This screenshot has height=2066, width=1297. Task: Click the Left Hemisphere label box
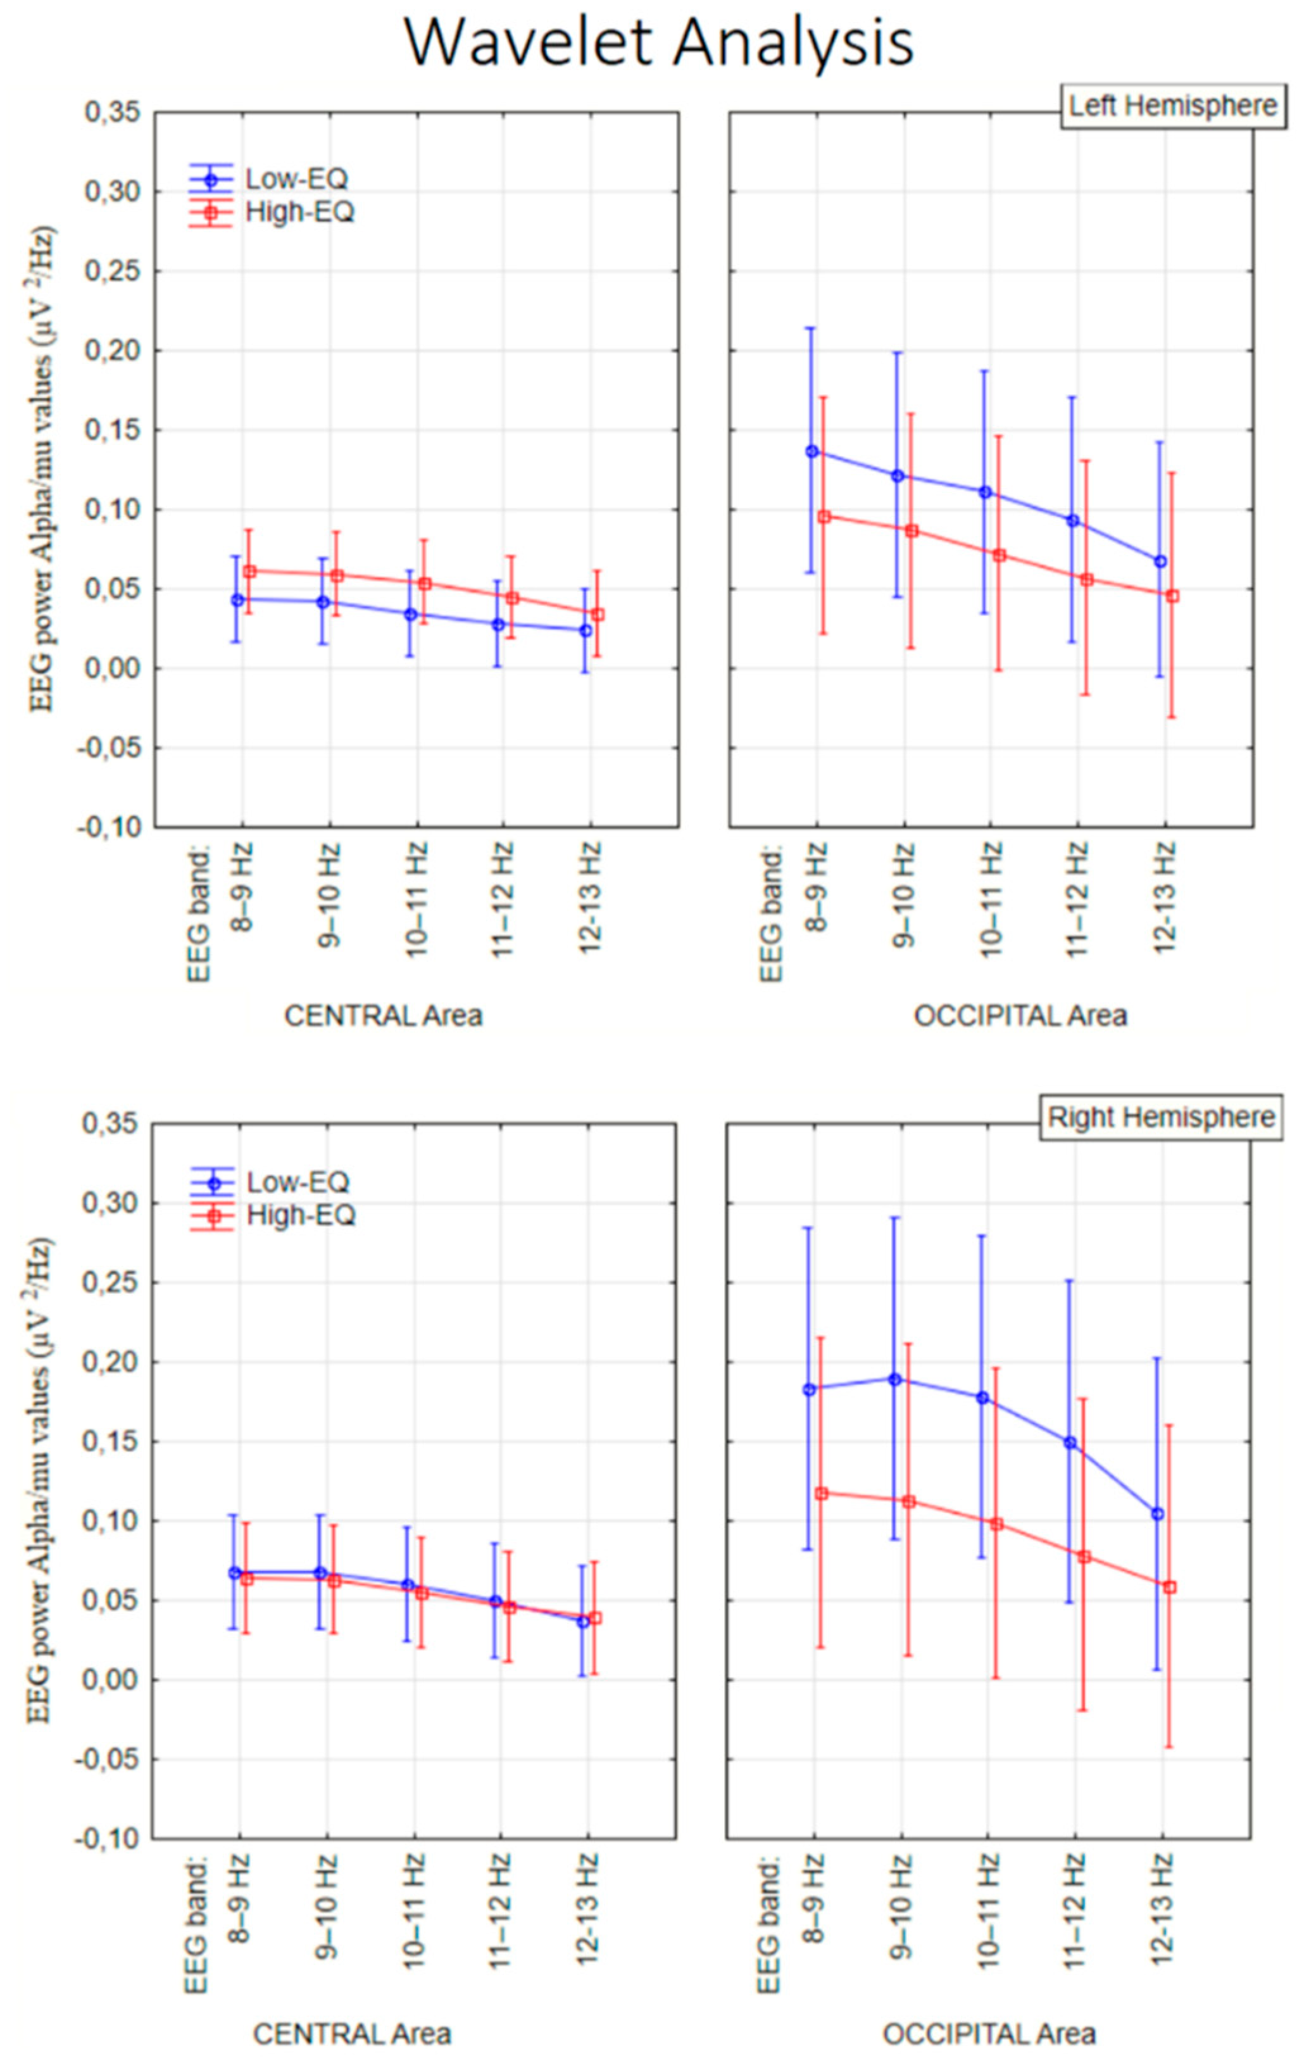pos(1173,106)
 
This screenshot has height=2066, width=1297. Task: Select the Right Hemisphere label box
pos(1161,1117)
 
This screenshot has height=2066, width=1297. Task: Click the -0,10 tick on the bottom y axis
pos(107,1839)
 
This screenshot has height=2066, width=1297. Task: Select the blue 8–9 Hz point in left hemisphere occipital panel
pos(811,451)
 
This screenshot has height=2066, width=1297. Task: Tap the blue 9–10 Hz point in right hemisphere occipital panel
pos(894,1379)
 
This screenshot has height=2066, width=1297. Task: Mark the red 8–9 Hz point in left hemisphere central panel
pos(249,571)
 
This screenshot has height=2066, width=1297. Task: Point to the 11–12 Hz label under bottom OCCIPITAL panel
pos(1074,1911)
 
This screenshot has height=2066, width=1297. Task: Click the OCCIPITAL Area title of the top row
pos(1020,1017)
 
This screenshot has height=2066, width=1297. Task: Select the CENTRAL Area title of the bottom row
pos(352,2034)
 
